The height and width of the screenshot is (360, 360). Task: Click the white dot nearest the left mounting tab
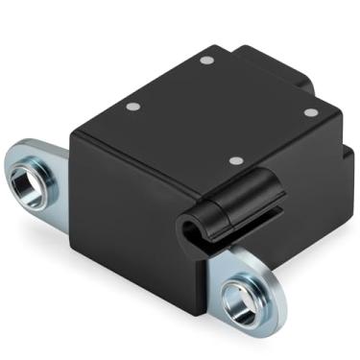[x=133, y=107]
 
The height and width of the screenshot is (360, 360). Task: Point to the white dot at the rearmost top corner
[x=205, y=60]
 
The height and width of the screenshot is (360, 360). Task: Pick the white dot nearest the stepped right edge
[x=310, y=112]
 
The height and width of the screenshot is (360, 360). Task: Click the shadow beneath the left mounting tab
[x=38, y=216]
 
